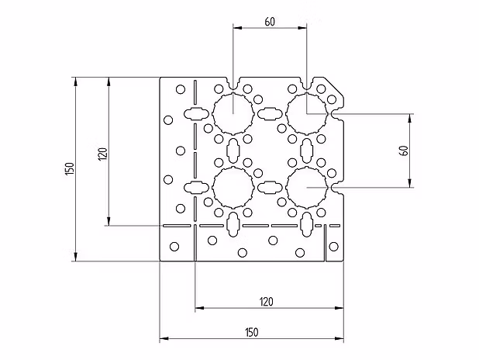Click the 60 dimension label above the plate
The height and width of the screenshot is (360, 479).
(269, 21)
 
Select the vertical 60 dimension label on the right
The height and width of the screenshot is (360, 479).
(404, 151)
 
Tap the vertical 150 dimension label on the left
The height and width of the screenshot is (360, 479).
(68, 169)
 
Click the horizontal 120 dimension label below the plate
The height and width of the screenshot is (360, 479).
(266, 301)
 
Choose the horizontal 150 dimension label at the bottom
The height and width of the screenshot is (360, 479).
(250, 332)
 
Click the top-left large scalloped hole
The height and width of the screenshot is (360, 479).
(232, 113)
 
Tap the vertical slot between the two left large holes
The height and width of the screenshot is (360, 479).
(232, 150)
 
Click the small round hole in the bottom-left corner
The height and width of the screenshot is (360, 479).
(174, 247)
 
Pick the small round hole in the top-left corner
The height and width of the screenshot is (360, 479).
(181, 89)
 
